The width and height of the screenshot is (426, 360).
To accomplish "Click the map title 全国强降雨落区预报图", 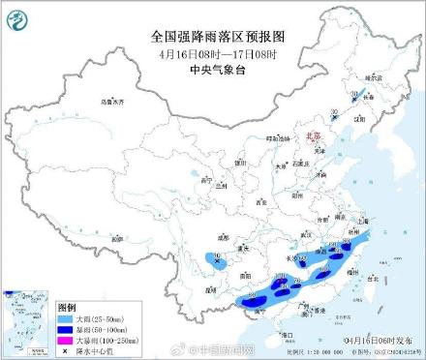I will [x=212, y=37].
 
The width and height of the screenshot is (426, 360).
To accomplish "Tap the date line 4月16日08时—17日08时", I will [x=212, y=54].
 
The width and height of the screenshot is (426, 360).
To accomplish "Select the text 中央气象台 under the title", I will [x=212, y=71].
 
